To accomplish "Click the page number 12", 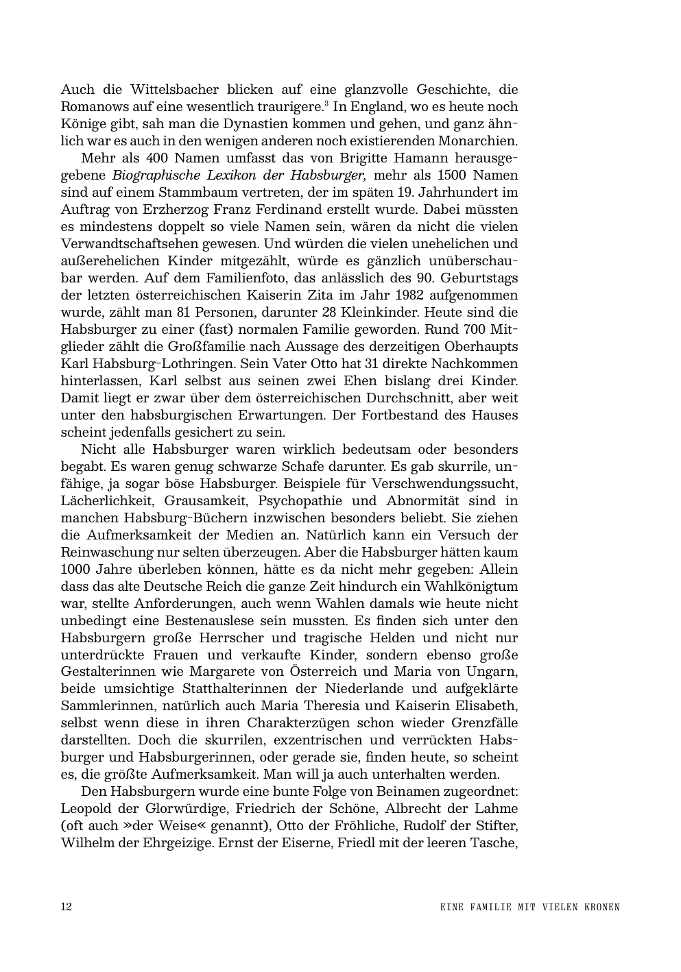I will tap(67, 907).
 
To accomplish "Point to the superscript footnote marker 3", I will tap(326, 104).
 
